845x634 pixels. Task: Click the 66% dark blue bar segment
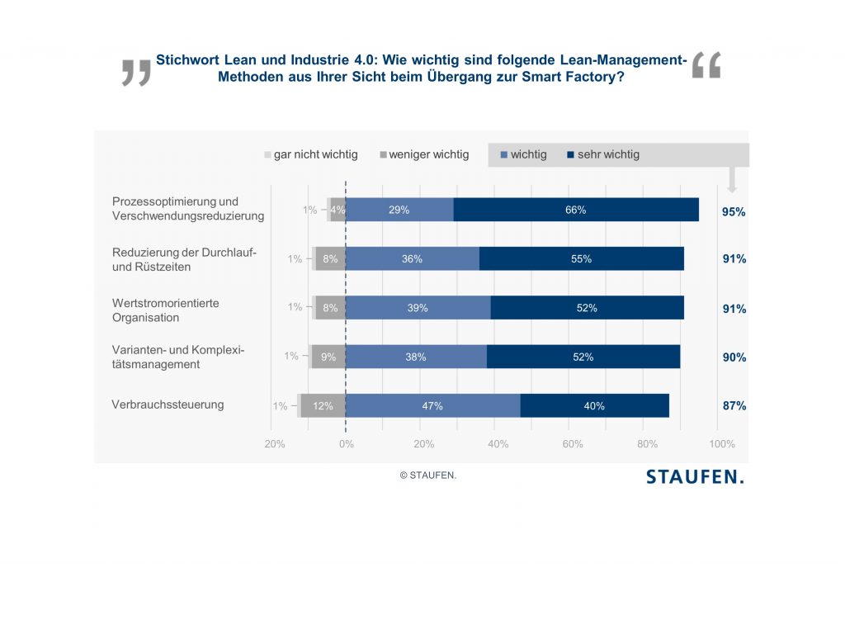point(576,210)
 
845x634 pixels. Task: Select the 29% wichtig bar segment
point(399,210)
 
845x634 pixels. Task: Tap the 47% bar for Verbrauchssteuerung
point(432,406)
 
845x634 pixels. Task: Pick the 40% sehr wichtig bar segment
point(594,406)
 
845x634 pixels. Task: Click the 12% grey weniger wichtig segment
point(323,406)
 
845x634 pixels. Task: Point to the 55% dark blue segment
point(581,258)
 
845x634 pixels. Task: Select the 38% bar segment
point(416,357)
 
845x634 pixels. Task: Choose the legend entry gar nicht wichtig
point(311,154)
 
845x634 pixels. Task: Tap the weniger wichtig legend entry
point(424,154)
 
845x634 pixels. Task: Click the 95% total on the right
point(734,212)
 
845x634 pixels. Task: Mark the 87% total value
point(734,406)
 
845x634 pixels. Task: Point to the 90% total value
point(734,357)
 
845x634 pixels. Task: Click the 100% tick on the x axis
point(722,444)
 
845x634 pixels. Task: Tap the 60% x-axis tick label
point(572,444)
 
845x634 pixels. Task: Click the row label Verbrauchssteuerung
point(168,405)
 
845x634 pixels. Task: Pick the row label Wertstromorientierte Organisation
point(166,310)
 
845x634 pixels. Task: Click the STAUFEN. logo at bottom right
point(695,477)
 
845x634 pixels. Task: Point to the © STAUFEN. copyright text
point(427,475)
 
